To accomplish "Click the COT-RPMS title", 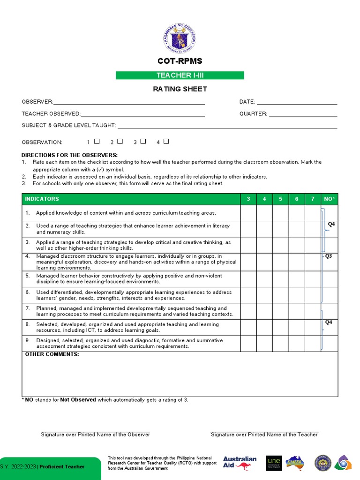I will click(180, 61).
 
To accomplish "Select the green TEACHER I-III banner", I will click(180, 75).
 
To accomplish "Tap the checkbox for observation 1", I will click(97, 141).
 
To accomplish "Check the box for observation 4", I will click(166, 141).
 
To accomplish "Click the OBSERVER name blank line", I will click(129, 103).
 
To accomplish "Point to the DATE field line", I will click(297, 103).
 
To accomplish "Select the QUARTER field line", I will click(303, 115).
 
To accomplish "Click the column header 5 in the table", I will click(280, 199).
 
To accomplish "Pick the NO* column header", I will click(330, 199).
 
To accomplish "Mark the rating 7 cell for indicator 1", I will click(313, 213).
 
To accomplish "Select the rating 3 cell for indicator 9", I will click(248, 344).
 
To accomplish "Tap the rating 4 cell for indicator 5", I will click(264, 279).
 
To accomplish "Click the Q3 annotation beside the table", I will click(329, 256).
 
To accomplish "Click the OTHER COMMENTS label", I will click(52, 354).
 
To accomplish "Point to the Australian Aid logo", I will click(240, 463).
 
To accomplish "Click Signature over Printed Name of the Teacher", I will click(264, 435).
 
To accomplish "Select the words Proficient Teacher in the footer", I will click(62, 466).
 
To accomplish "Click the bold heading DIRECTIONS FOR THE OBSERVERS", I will click(70, 155).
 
